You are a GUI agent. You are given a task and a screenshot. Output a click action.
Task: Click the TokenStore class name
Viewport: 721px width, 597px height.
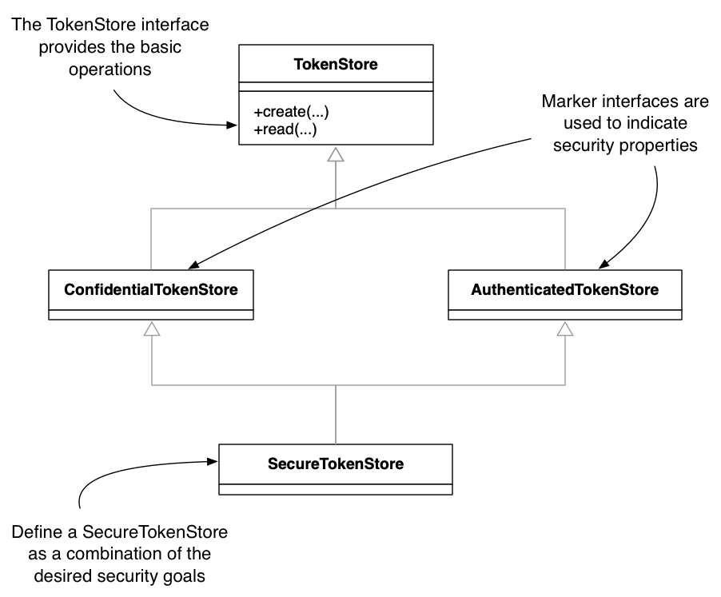(336, 66)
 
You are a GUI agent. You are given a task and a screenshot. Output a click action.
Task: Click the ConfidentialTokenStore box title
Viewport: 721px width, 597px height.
(151, 289)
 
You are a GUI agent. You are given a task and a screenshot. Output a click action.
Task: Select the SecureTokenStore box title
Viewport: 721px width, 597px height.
(336, 464)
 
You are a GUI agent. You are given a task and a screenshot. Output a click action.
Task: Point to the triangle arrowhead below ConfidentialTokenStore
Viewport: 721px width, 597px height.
(151, 328)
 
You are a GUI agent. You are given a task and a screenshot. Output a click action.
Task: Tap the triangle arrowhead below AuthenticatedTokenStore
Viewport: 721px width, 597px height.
(565, 328)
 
